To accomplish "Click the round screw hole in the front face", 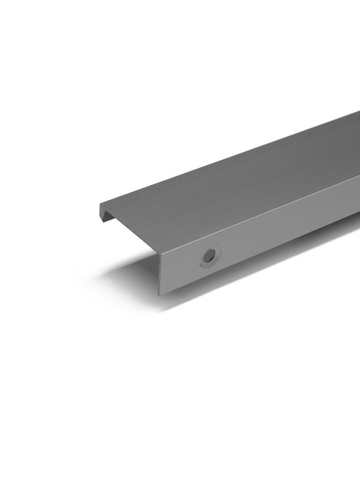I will pyautogui.click(x=209, y=256).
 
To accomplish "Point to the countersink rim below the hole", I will pyautogui.click(x=210, y=265).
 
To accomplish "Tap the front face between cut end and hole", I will pyautogui.click(x=180, y=267).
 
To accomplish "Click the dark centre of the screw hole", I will pyautogui.click(x=209, y=256).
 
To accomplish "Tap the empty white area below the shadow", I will pyautogui.click(x=180, y=390).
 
